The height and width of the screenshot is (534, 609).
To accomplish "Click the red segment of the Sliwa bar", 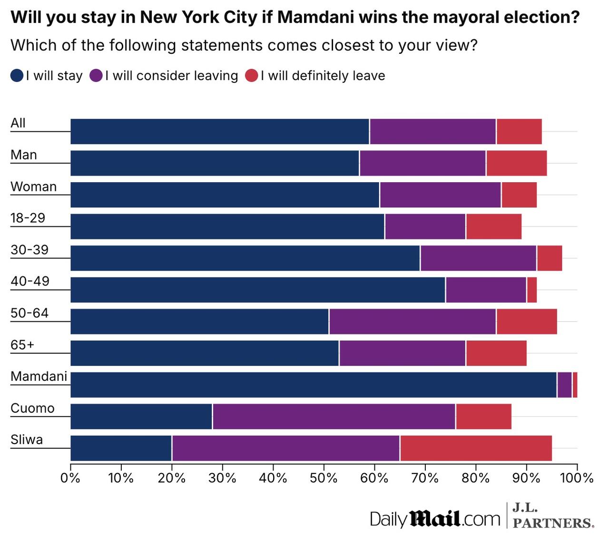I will click(x=476, y=448).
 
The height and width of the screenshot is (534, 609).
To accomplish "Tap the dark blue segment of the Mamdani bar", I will click(x=313, y=385).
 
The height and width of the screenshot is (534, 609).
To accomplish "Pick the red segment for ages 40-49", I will click(x=532, y=289).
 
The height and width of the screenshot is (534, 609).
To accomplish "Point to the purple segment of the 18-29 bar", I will click(x=425, y=226).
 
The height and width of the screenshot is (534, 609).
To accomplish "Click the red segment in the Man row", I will click(x=516, y=163).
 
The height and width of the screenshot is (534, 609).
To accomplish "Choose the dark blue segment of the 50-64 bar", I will click(x=199, y=321).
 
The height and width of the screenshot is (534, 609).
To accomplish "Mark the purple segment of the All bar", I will click(x=433, y=131).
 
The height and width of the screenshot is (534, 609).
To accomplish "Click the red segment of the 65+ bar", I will click(x=496, y=353).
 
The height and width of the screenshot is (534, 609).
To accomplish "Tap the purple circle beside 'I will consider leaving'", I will click(x=96, y=76).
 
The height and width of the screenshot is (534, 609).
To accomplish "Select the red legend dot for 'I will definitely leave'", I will click(x=252, y=76).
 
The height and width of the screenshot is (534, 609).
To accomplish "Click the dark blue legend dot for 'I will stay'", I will click(x=17, y=76).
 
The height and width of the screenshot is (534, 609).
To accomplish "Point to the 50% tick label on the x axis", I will click(x=324, y=477).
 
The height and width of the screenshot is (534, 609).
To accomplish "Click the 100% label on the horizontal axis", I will click(x=577, y=477).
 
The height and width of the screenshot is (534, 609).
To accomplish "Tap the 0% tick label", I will click(x=70, y=477).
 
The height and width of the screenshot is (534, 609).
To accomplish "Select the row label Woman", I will click(x=33, y=187).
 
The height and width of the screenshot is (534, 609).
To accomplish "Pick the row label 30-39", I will click(x=29, y=250).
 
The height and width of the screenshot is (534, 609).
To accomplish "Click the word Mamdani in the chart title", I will click(x=316, y=18).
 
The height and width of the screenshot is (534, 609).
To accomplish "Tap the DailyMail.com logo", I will click(x=435, y=518).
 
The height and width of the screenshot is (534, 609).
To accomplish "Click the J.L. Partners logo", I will click(x=553, y=515).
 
